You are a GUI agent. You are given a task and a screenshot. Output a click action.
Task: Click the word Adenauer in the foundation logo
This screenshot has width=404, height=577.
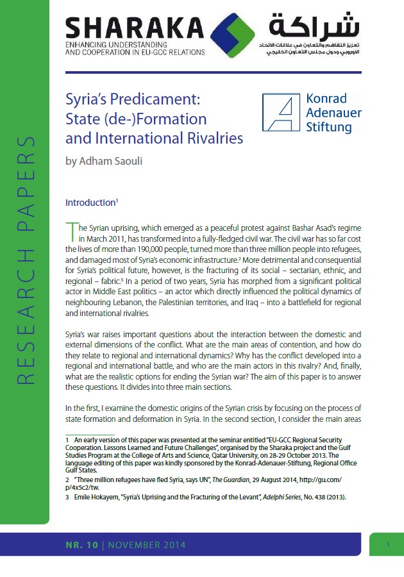tap(334, 113)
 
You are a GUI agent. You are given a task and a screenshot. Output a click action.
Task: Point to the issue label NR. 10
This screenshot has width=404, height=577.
tap(81, 546)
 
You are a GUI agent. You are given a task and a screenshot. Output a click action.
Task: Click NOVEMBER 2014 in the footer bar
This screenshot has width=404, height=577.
tap(147, 546)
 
